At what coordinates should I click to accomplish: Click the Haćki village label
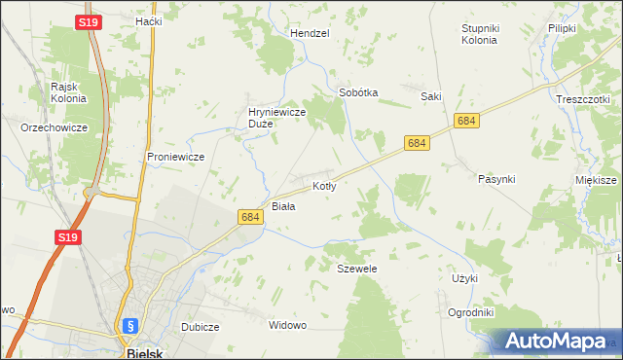point(149,20)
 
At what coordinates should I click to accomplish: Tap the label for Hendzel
point(311,32)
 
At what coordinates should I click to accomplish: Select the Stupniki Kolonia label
point(479,34)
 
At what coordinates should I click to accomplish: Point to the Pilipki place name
point(563,28)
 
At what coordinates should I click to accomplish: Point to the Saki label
point(431,96)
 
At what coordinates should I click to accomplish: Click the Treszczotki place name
point(583,99)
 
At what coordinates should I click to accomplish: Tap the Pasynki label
point(496,179)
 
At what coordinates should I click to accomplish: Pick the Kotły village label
point(324,185)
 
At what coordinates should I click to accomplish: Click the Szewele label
point(356,268)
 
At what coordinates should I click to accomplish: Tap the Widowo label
point(288,324)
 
